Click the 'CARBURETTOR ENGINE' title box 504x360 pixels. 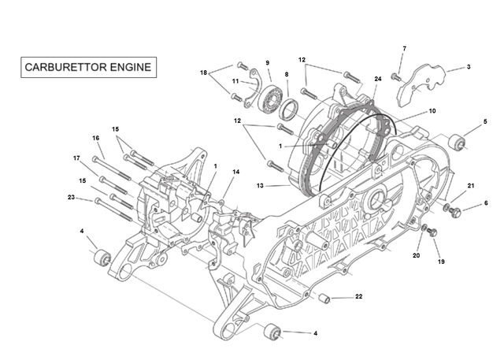89,67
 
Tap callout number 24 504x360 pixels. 378,79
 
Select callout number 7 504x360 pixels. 404,49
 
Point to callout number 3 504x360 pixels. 469,67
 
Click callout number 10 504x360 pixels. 432,111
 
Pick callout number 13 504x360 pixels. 260,185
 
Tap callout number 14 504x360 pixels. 236,172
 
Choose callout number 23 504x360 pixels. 71,197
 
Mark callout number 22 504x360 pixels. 359,296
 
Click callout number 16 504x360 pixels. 96,138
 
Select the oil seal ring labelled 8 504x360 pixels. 288,109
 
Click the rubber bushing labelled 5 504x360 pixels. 457,143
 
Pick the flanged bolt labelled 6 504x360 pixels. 454,212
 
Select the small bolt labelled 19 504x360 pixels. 432,232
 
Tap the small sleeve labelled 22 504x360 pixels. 324,299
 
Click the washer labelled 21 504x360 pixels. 447,207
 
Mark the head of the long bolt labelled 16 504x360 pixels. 94,159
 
